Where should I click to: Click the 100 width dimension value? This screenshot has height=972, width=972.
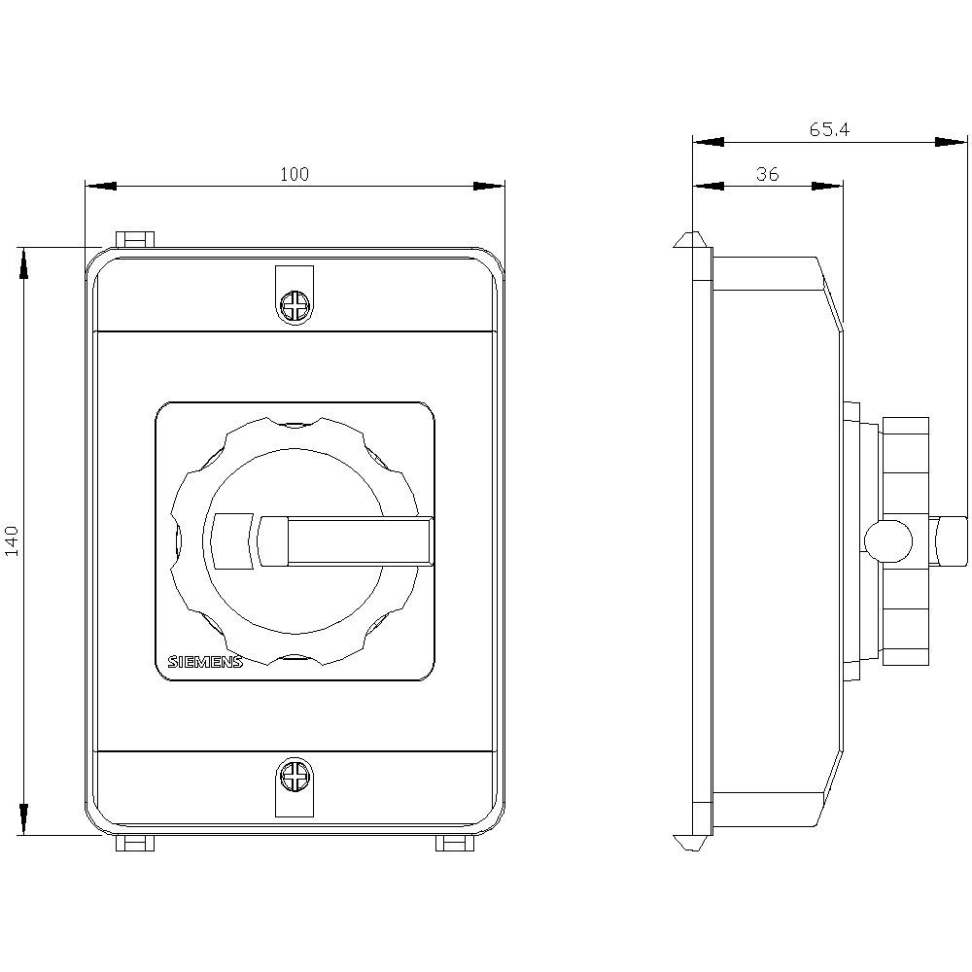click(x=294, y=175)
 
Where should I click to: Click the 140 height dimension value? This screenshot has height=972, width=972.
click(x=13, y=540)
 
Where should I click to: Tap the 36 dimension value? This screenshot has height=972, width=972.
click(x=767, y=175)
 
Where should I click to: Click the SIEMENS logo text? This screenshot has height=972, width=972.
click(x=205, y=662)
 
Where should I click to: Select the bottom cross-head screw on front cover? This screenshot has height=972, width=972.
click(x=294, y=777)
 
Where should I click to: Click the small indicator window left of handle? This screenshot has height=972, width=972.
click(x=232, y=540)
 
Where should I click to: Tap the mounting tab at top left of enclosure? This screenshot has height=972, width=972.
click(x=135, y=239)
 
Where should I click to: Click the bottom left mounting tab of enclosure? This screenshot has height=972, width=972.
click(x=135, y=844)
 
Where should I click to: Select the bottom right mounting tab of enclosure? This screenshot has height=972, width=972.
click(x=454, y=844)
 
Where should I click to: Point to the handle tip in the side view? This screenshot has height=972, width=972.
click(x=953, y=540)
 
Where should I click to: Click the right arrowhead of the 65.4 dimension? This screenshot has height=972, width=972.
click(x=953, y=141)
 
